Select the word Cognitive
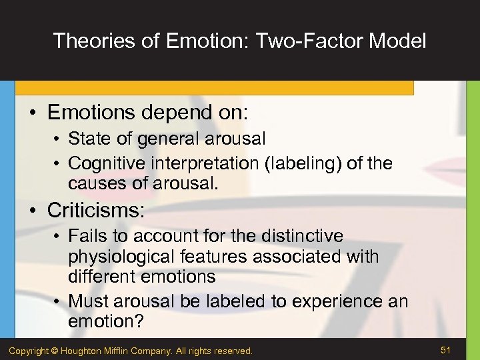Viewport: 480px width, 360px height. (x=106, y=163)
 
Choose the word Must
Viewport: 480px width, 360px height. (x=87, y=301)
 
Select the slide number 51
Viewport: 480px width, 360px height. (x=447, y=349)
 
